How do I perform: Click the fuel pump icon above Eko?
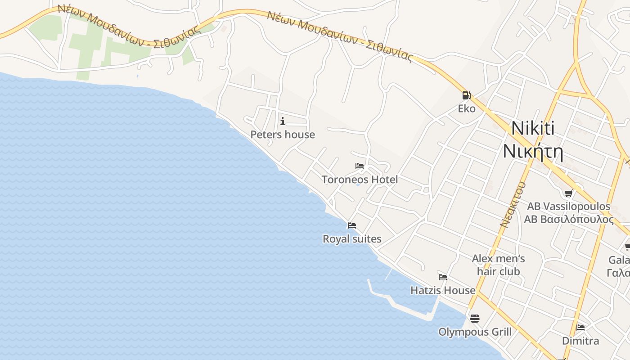466,95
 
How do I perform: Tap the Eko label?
467,108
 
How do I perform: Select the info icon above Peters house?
283,121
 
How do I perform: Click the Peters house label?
283,135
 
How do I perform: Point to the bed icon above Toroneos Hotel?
360,166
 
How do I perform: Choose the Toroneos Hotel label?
360,180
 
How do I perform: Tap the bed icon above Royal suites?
352,225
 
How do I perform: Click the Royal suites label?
352,239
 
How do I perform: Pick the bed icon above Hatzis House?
443,277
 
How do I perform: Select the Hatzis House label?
443,291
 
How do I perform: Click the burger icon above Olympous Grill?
475,319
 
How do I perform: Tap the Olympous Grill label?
475,332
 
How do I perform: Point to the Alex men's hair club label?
499,265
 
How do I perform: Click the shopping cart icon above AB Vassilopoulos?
569,193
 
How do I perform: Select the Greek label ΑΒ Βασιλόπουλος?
569,220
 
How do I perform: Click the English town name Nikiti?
533,129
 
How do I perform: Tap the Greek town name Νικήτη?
533,151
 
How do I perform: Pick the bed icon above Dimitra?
580,327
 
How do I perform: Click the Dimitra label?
580,341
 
